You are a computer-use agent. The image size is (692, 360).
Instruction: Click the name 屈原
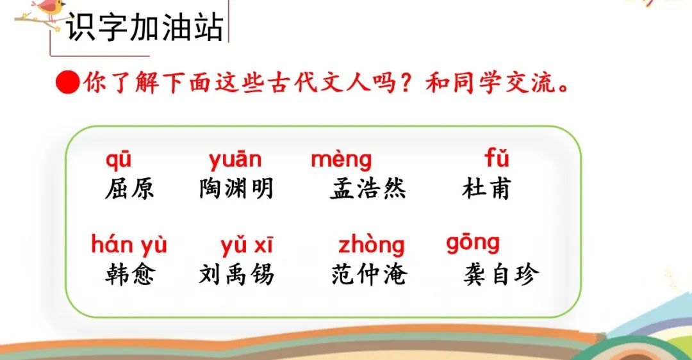tap(129, 189)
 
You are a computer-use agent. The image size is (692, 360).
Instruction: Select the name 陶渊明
tap(236, 189)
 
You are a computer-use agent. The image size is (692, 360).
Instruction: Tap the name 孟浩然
tap(368, 189)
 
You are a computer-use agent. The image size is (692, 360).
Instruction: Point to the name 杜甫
tap(486, 189)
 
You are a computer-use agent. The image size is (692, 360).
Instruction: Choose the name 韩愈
tap(129, 274)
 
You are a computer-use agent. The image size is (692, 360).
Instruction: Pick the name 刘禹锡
tap(236, 274)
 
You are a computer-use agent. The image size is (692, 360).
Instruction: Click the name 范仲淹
tap(369, 274)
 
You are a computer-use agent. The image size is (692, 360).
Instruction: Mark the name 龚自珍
tap(501, 274)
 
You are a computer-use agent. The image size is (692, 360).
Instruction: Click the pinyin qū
tap(119, 160)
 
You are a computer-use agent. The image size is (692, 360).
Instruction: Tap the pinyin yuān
tap(235, 160)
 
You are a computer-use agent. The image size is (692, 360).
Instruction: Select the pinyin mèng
tap(341, 160)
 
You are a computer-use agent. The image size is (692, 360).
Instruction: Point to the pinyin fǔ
tap(497, 158)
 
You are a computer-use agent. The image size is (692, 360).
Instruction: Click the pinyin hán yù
tap(129, 245)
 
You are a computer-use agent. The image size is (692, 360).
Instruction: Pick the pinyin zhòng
tap(371, 246)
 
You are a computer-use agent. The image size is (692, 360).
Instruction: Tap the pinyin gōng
tap(473, 243)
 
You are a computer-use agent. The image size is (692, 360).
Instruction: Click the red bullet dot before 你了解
tap(67, 83)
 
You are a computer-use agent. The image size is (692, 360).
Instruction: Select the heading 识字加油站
tap(144, 28)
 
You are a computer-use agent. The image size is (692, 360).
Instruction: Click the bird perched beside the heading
tap(49, 10)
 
